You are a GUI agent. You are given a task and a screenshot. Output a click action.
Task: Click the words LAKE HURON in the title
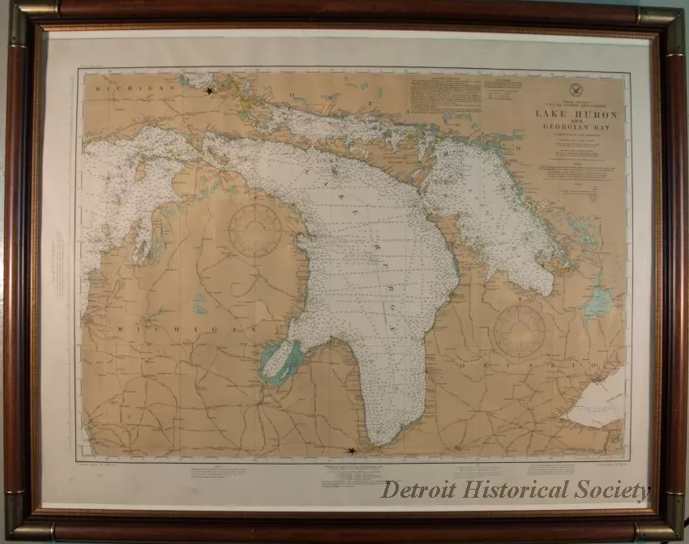(576, 114)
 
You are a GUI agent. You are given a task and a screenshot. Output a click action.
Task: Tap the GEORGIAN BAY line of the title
(576, 136)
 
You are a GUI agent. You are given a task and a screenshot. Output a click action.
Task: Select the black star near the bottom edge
(351, 450)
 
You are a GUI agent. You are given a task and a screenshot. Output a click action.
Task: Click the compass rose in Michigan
(255, 229)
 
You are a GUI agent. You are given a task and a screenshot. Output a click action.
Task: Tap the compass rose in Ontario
(520, 331)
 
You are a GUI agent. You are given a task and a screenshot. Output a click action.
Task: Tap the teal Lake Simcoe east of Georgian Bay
(599, 302)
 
